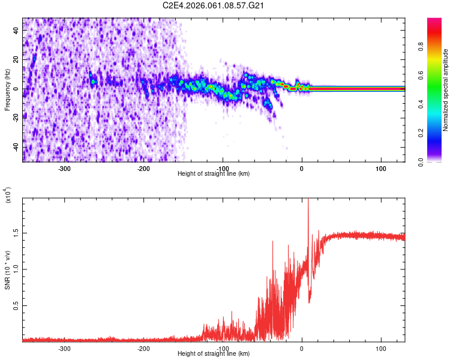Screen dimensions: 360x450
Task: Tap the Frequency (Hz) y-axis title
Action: (x=7, y=90)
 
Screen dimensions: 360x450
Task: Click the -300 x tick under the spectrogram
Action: (x=64, y=169)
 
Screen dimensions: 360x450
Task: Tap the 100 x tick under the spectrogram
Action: (x=380, y=169)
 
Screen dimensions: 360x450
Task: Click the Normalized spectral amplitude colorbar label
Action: (x=445, y=90)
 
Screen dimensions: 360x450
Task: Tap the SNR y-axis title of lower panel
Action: (x=7, y=269)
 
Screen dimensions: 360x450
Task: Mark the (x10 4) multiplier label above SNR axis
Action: (x=8, y=196)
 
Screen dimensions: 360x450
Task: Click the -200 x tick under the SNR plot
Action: (x=143, y=349)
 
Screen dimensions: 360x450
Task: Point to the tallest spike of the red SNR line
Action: (x=308, y=200)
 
